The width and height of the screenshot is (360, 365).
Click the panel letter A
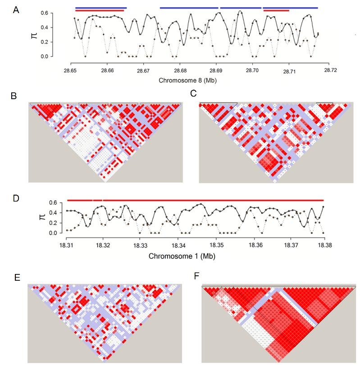pos(16,9)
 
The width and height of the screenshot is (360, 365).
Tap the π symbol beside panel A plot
pos(34,33)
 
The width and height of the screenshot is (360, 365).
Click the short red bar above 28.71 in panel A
pos(276,10)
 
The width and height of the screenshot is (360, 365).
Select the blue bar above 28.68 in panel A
pos(189,8)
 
